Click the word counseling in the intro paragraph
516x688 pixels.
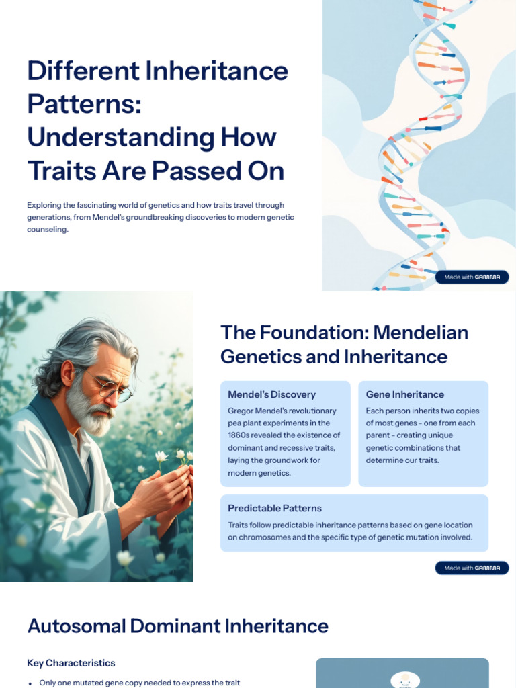(x=48, y=229)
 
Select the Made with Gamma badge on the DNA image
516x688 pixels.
(x=472, y=277)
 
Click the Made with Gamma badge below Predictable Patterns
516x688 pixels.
(x=472, y=568)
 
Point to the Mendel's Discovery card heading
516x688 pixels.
(x=271, y=394)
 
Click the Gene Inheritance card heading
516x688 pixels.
(x=404, y=394)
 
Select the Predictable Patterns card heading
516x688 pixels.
(x=274, y=508)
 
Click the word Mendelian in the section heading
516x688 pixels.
(x=421, y=332)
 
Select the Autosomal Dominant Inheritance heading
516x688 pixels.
(x=177, y=626)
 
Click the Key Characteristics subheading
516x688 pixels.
(x=71, y=663)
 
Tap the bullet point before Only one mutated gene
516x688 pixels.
(x=30, y=683)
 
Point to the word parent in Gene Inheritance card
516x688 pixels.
(x=380, y=435)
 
